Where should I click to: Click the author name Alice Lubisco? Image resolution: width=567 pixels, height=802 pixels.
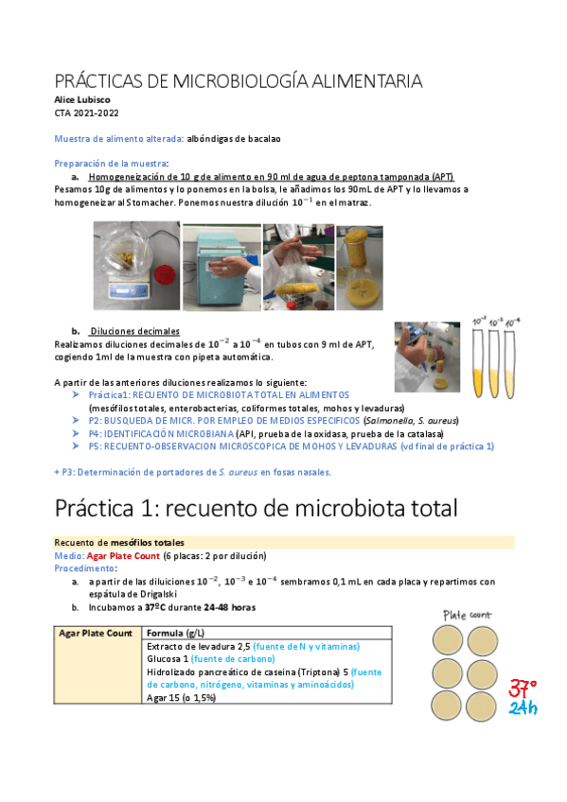click(82, 99)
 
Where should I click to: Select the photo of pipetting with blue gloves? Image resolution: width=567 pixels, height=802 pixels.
click(427, 357)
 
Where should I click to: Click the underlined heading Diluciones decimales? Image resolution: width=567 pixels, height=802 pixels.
click(133, 332)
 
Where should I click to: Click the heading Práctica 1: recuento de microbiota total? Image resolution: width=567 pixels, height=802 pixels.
click(256, 508)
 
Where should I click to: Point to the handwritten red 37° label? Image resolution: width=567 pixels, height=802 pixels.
click(523, 689)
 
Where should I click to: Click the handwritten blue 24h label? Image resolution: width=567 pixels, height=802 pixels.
click(523, 709)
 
